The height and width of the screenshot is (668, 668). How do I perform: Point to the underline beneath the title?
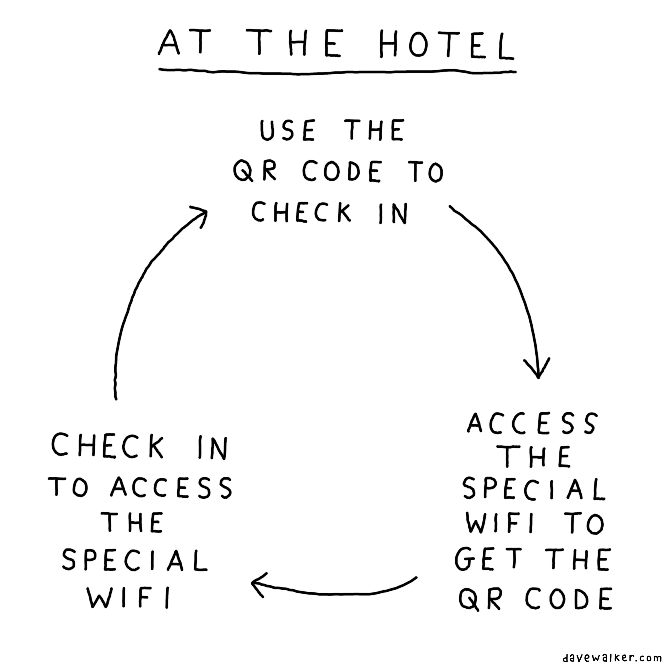337,72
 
